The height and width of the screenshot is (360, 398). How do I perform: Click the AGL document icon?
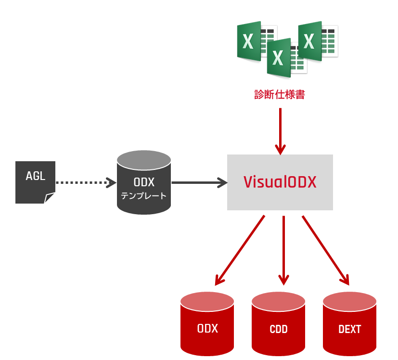(35, 182)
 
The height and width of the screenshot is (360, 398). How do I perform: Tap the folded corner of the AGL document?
(49, 198)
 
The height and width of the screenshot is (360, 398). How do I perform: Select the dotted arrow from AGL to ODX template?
(86, 182)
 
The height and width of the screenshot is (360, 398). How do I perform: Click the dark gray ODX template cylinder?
(144, 182)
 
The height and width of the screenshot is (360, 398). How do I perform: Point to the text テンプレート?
(144, 196)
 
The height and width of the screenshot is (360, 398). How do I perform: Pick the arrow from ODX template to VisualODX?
(200, 182)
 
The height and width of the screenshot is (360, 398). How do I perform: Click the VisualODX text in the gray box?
(280, 182)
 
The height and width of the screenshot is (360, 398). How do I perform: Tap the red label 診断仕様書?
(280, 94)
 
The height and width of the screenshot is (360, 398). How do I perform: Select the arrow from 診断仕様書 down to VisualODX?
(280, 131)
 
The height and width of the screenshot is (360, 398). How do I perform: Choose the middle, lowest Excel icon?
(287, 58)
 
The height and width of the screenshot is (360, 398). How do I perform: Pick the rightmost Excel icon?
(318, 40)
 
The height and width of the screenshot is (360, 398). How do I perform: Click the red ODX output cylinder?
(207, 324)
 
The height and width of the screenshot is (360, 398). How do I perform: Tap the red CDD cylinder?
(279, 324)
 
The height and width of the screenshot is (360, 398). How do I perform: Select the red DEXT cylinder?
(349, 324)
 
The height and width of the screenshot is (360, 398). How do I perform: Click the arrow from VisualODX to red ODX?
(240, 251)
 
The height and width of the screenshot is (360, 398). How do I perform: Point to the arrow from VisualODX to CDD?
(283, 251)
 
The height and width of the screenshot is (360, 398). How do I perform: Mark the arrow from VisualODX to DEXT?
(326, 251)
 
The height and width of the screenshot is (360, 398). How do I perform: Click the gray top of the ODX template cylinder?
(144, 160)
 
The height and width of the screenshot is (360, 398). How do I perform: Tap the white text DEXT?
(349, 329)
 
